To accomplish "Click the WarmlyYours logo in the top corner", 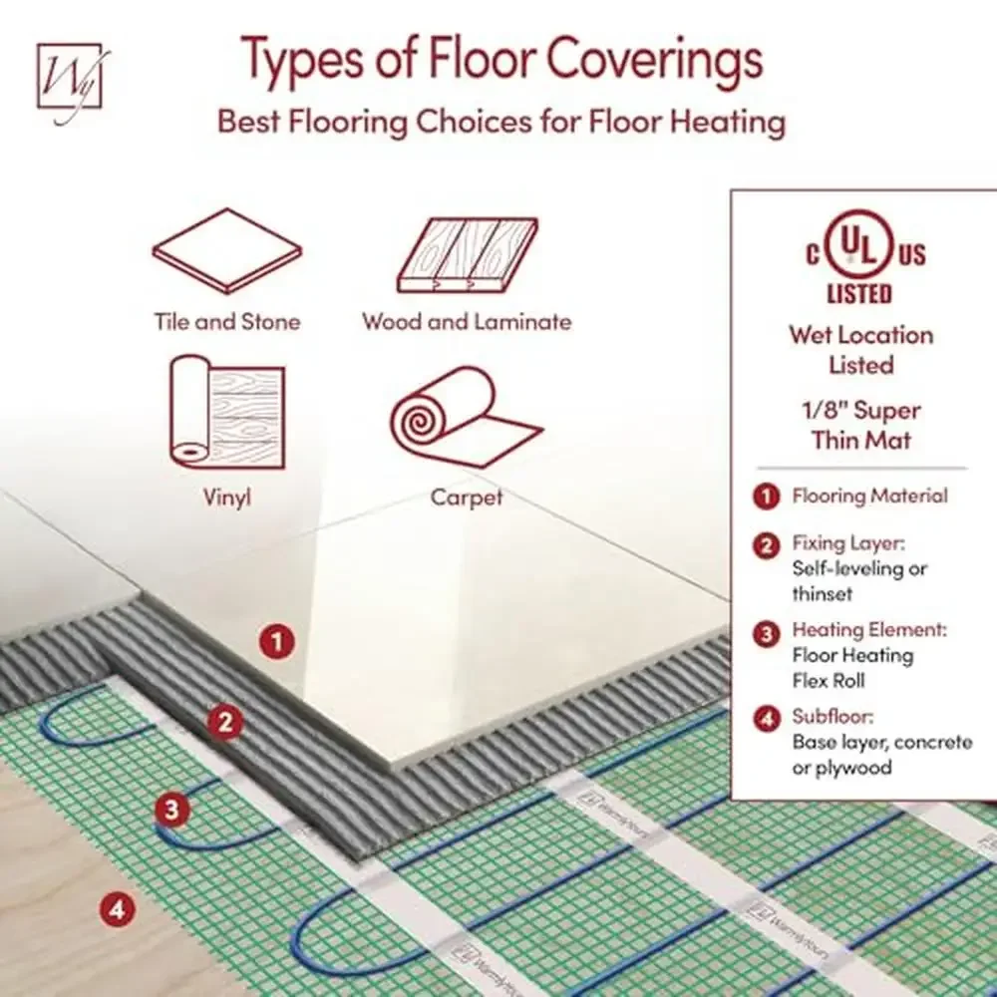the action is coord(69,78).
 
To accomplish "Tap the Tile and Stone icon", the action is coord(226,251).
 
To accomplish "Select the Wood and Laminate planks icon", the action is coord(467,254).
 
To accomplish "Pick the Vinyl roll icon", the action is coord(226,412).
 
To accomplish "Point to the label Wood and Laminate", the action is coord(467,322).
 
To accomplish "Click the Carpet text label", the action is coord(467,496).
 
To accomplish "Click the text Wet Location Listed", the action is coord(861,350).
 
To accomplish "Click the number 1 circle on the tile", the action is coord(277,640).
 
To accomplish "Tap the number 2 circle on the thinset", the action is coord(225,723).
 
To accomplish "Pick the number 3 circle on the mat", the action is coord(173,810).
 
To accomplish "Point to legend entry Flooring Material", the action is coord(869,496).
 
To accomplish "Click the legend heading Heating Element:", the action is coord(868,630).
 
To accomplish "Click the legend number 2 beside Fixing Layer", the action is coord(766,545).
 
